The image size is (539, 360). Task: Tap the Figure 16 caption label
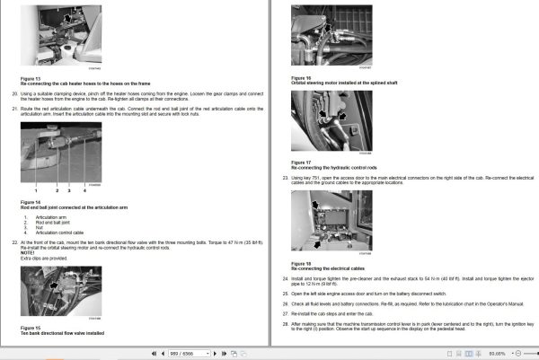pos(301,78)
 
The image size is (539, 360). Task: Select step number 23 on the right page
pos(286,178)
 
